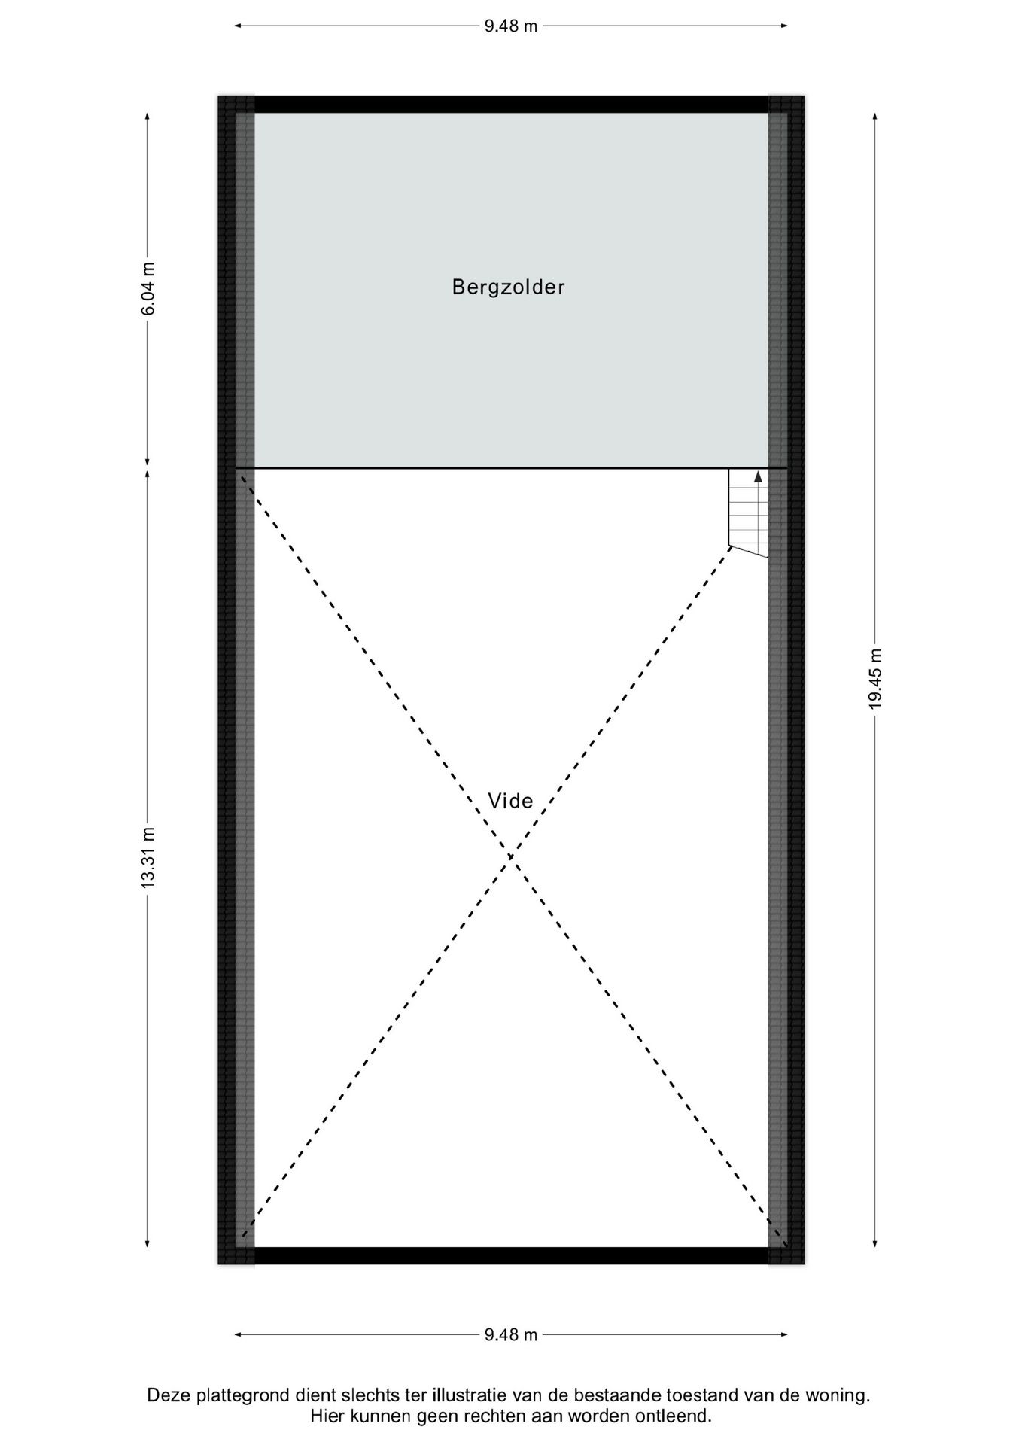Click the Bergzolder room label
508,287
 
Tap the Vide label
510,801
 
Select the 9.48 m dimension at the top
511,26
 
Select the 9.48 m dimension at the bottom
511,1334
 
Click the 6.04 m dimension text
148,289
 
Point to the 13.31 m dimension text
148,857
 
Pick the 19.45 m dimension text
874,678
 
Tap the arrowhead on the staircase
758,476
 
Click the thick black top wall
511,104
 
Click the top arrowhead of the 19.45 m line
874,117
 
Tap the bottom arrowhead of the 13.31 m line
148,1243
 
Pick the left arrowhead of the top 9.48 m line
239,26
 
